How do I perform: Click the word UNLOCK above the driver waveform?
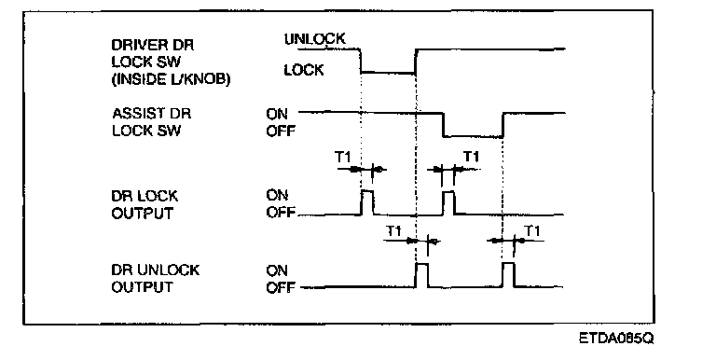315,39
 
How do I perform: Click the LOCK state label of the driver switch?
304,70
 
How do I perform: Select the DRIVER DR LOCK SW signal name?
153,53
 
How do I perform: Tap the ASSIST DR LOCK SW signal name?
151,121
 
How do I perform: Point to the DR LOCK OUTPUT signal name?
145,204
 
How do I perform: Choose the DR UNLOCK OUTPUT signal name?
156,278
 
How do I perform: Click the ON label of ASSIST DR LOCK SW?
278,113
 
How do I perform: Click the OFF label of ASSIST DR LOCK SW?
281,132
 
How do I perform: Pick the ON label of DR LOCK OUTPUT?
278,196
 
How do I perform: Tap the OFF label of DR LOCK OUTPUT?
281,214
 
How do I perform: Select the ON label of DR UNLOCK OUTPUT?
278,270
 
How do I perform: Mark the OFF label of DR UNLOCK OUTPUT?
281,288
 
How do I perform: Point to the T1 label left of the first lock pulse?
343,158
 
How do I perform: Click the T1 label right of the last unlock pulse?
532,231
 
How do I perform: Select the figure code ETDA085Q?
616,339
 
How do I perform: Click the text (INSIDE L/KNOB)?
172,79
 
